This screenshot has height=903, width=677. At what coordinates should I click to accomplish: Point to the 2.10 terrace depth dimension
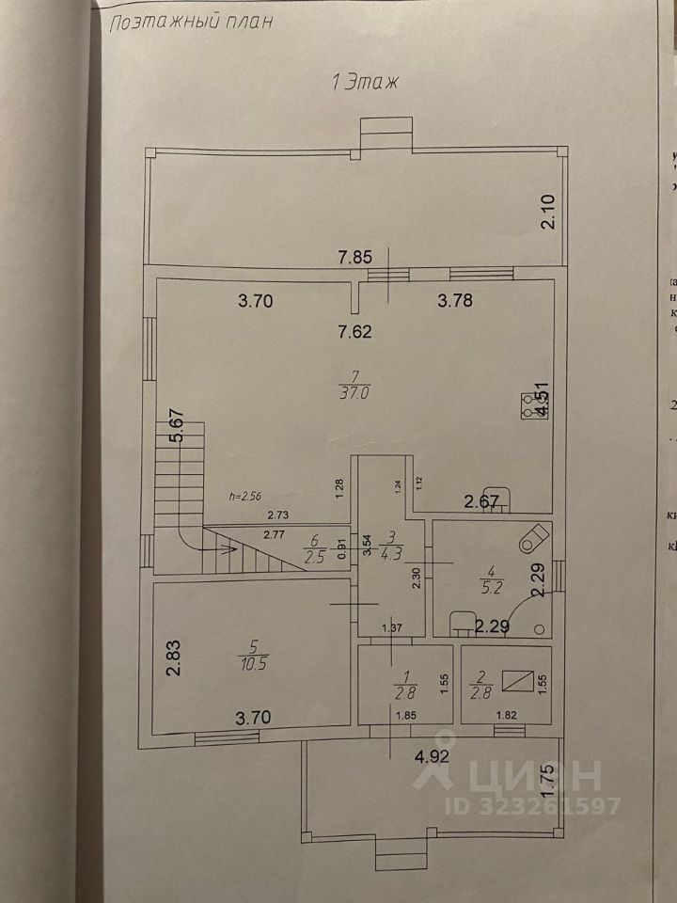pyautogui.click(x=550, y=212)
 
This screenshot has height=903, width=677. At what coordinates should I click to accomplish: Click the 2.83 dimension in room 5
pyautogui.click(x=173, y=657)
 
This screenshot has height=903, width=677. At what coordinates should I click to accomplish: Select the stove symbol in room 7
pyautogui.click(x=520, y=404)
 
